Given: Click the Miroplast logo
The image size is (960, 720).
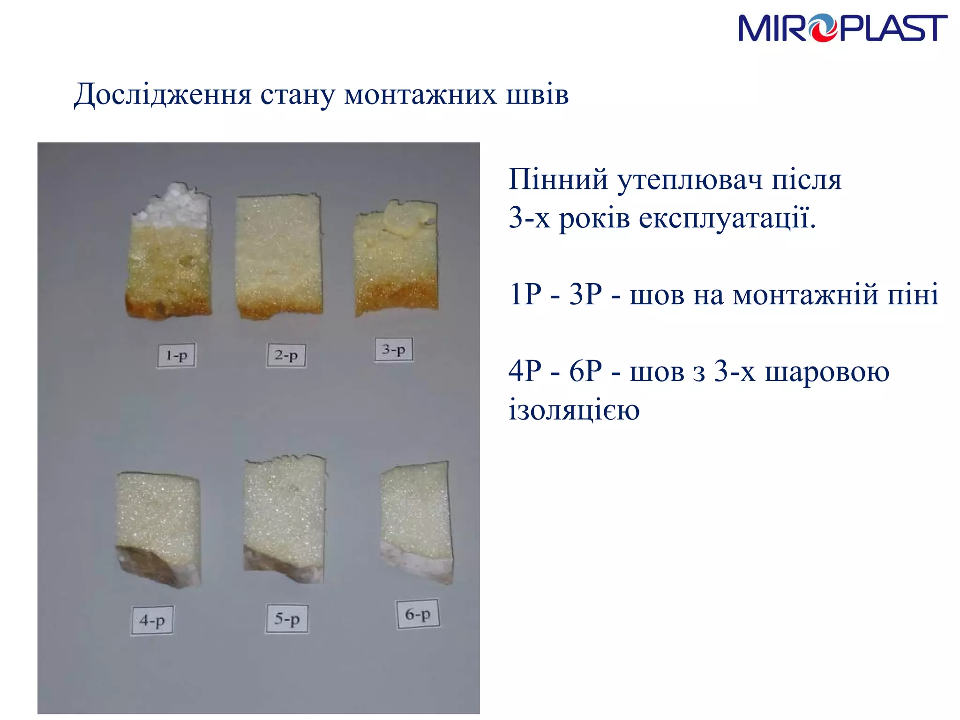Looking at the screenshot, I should (x=842, y=28).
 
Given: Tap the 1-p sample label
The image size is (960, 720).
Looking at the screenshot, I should (x=176, y=355).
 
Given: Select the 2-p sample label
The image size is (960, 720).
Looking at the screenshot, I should (x=286, y=355).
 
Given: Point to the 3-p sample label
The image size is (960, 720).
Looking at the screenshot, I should (x=394, y=350).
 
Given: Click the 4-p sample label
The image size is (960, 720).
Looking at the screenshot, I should (x=152, y=621).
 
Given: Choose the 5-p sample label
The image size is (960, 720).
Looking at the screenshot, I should (x=287, y=619).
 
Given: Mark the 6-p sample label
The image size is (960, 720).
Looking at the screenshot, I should (x=418, y=614).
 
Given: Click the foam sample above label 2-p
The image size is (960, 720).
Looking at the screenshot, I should (x=279, y=255).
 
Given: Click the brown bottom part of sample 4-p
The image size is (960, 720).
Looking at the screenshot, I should (x=150, y=565).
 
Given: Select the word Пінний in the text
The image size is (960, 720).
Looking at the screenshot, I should (x=558, y=179).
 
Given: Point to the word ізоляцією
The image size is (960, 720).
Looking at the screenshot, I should (x=574, y=410).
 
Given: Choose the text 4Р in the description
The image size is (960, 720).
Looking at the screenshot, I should (x=525, y=371).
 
